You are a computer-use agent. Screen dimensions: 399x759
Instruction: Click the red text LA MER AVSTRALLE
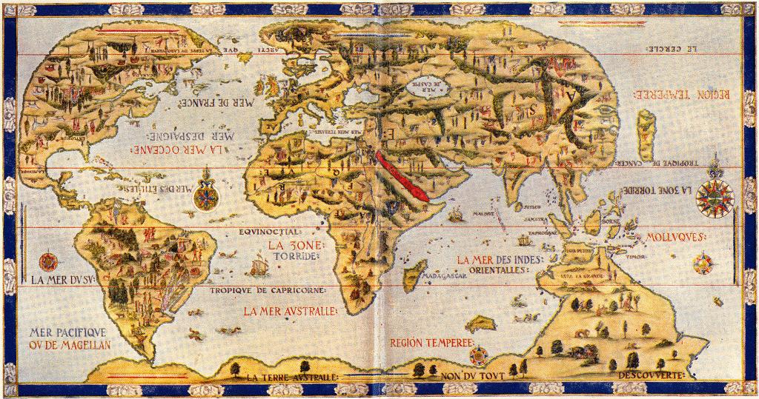(290, 311)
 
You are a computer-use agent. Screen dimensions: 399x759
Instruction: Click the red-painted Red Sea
(401, 177)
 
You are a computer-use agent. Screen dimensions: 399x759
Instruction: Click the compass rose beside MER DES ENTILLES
(206, 197)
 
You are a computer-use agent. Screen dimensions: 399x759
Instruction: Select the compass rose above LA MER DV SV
(49, 261)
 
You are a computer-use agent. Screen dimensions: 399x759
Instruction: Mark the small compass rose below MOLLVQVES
(702, 263)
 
